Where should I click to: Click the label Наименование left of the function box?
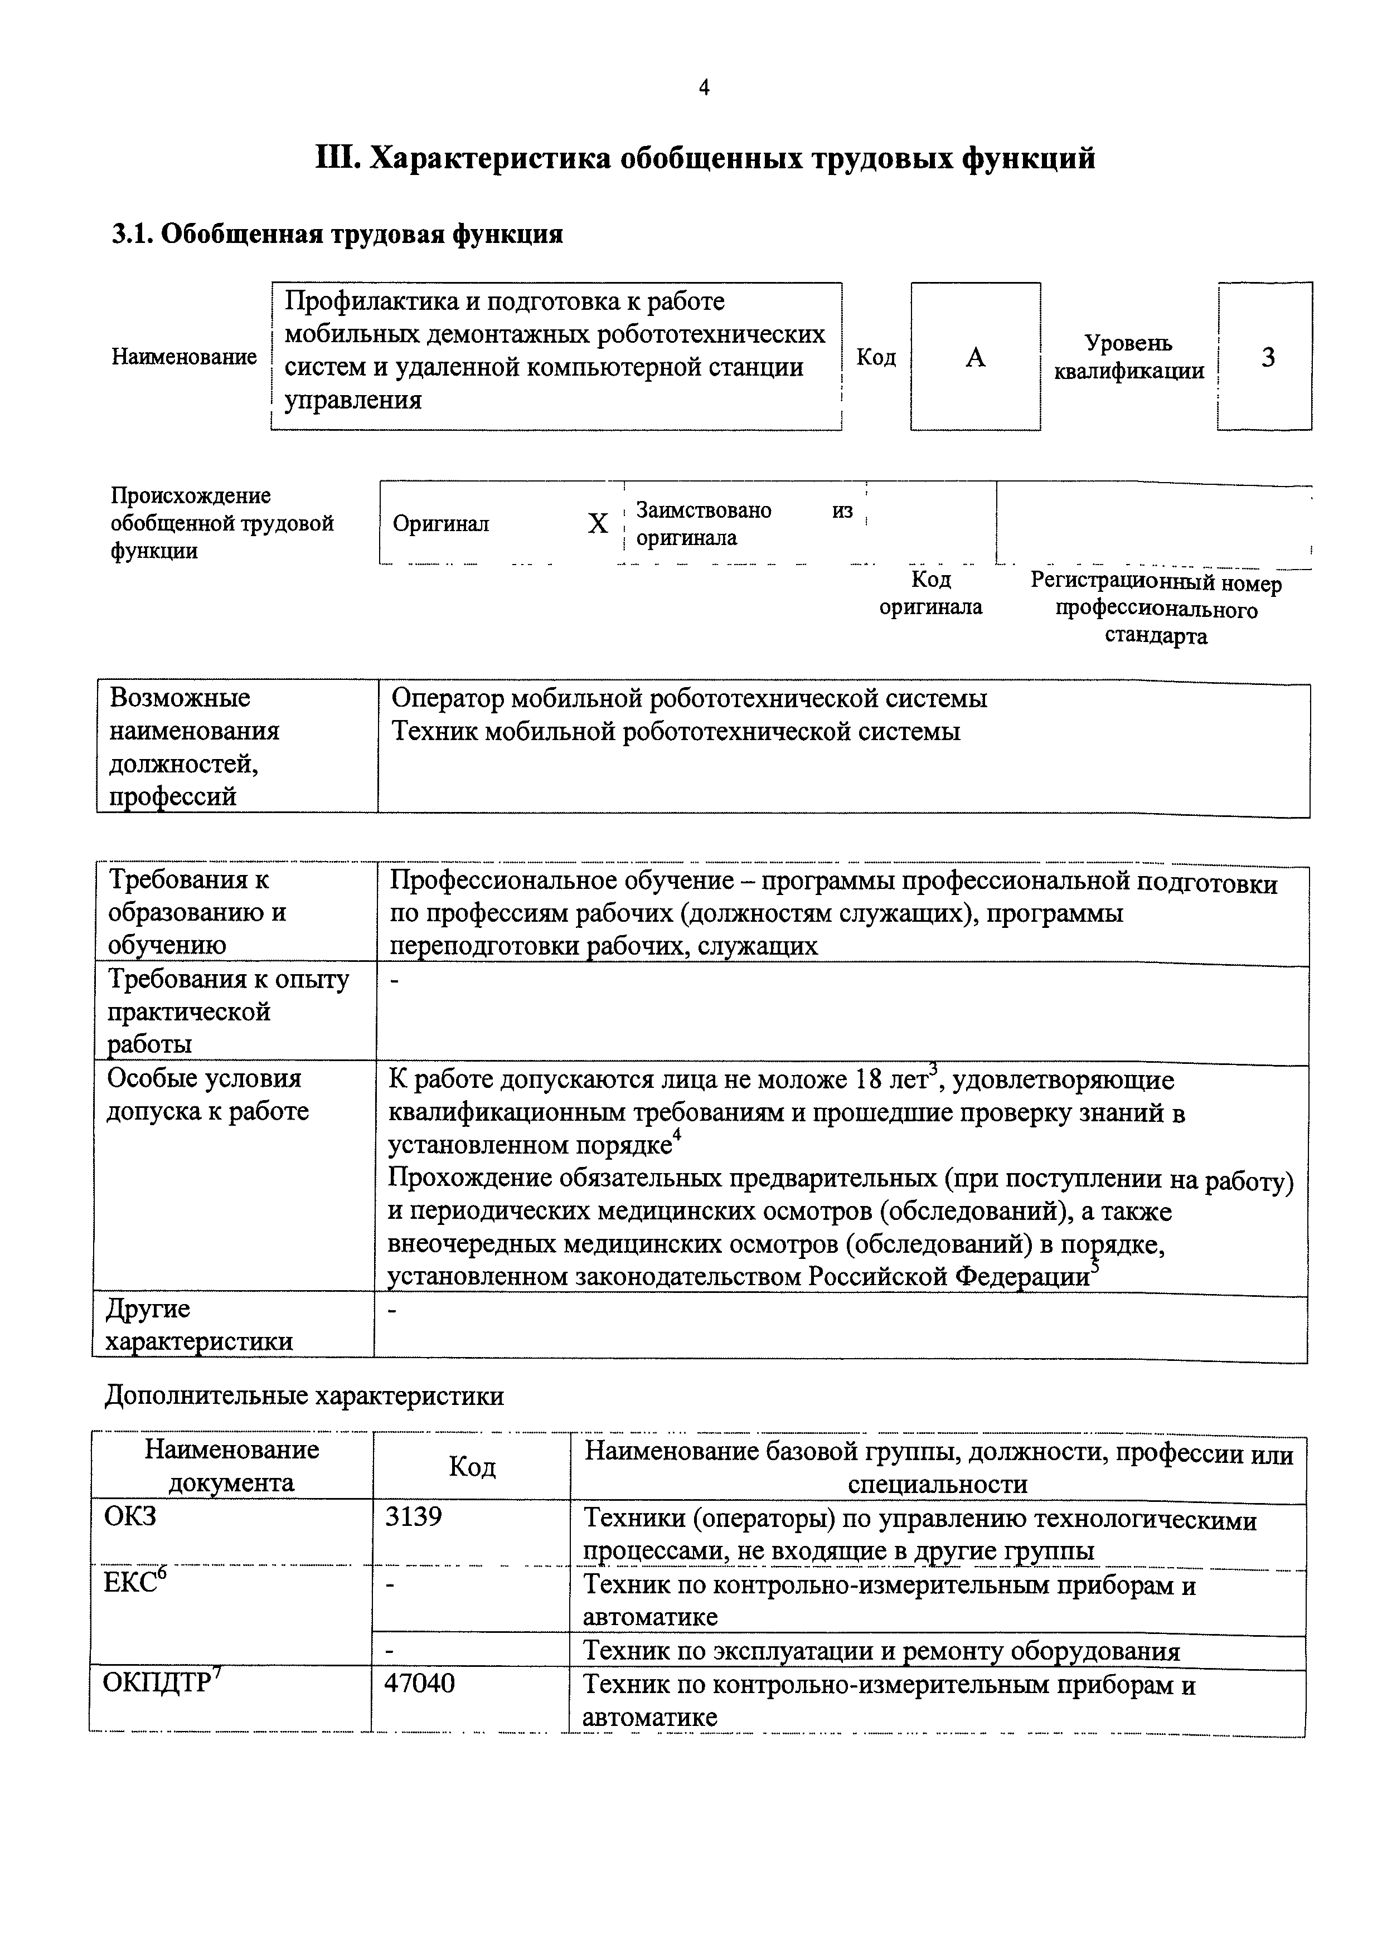(184, 357)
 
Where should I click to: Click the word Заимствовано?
(704, 510)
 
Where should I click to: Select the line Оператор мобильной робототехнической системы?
(689, 699)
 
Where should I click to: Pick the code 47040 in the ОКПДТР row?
(420, 1684)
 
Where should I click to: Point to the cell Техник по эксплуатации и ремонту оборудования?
(881, 1651)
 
